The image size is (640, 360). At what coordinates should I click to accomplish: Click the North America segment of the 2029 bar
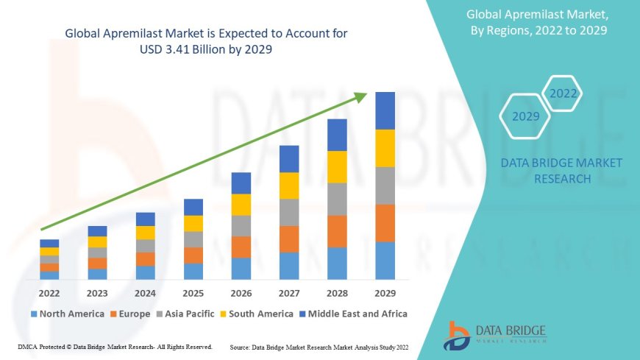[x=385, y=261]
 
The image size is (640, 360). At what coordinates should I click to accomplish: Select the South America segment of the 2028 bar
[x=337, y=167]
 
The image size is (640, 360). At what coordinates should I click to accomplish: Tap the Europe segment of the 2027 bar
[x=289, y=239]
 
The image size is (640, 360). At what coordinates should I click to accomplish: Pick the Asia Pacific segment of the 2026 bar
[x=241, y=226]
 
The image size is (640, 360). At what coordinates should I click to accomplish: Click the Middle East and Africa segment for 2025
[x=193, y=207]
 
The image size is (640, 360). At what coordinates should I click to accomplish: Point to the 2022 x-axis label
[x=49, y=294]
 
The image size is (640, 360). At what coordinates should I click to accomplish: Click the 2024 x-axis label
[x=145, y=294]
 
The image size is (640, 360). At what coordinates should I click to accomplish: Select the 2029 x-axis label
[x=385, y=294]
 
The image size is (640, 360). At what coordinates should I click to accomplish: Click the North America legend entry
[x=67, y=314]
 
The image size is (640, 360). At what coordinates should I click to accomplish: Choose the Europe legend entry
[x=132, y=314]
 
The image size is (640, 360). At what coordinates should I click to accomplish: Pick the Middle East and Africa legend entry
[x=352, y=314]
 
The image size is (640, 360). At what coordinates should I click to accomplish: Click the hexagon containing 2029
[x=525, y=116]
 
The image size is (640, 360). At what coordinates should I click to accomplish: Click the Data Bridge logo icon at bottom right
[x=458, y=335]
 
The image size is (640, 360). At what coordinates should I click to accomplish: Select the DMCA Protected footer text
[x=114, y=346]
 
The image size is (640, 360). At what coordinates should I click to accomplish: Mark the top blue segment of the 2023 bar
[x=97, y=231]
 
